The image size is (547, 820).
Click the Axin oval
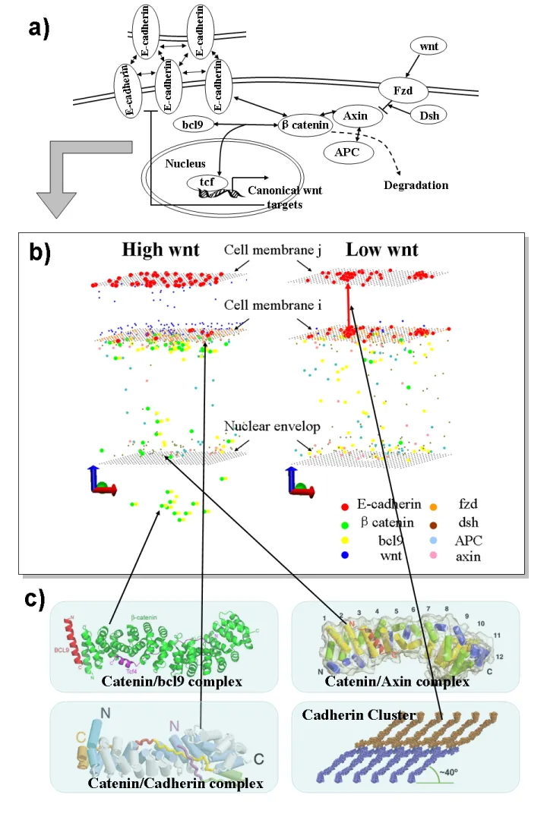pos(356,116)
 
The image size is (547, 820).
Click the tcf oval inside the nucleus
pos(201,183)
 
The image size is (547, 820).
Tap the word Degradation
pos(416,185)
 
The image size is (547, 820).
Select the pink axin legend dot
pos(454,557)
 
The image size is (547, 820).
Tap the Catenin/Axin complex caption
pos(397,682)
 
